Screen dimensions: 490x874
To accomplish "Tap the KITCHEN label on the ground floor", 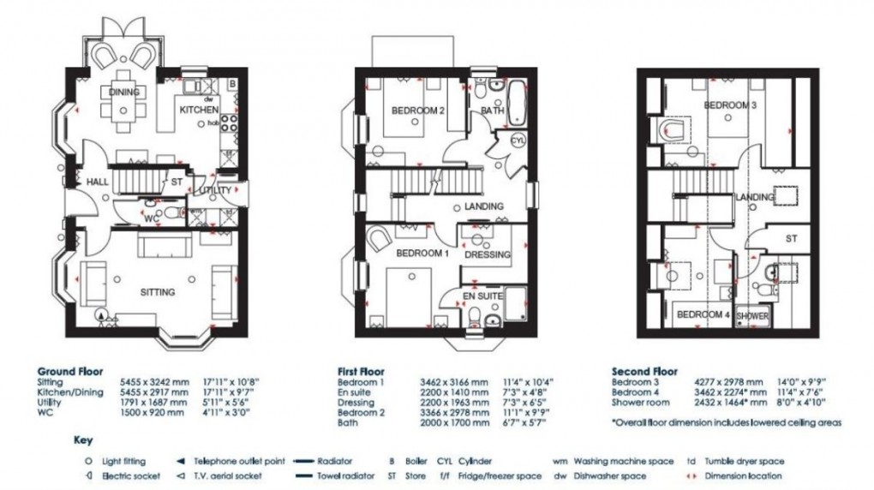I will click(x=198, y=111).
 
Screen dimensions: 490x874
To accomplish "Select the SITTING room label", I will click(x=158, y=292).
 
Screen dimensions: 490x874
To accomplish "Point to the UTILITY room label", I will click(x=214, y=190).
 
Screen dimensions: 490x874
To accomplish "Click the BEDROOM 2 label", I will click(x=418, y=111).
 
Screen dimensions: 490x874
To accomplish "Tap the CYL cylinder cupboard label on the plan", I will click(x=518, y=140).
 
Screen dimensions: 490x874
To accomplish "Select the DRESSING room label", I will click(x=488, y=254).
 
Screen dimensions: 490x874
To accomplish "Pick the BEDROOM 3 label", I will click(x=730, y=105).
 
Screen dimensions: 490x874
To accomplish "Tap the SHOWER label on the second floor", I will click(x=753, y=316).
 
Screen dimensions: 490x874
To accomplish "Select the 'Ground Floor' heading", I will click(x=70, y=372).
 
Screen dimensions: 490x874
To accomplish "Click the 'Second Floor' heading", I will click(x=644, y=372).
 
